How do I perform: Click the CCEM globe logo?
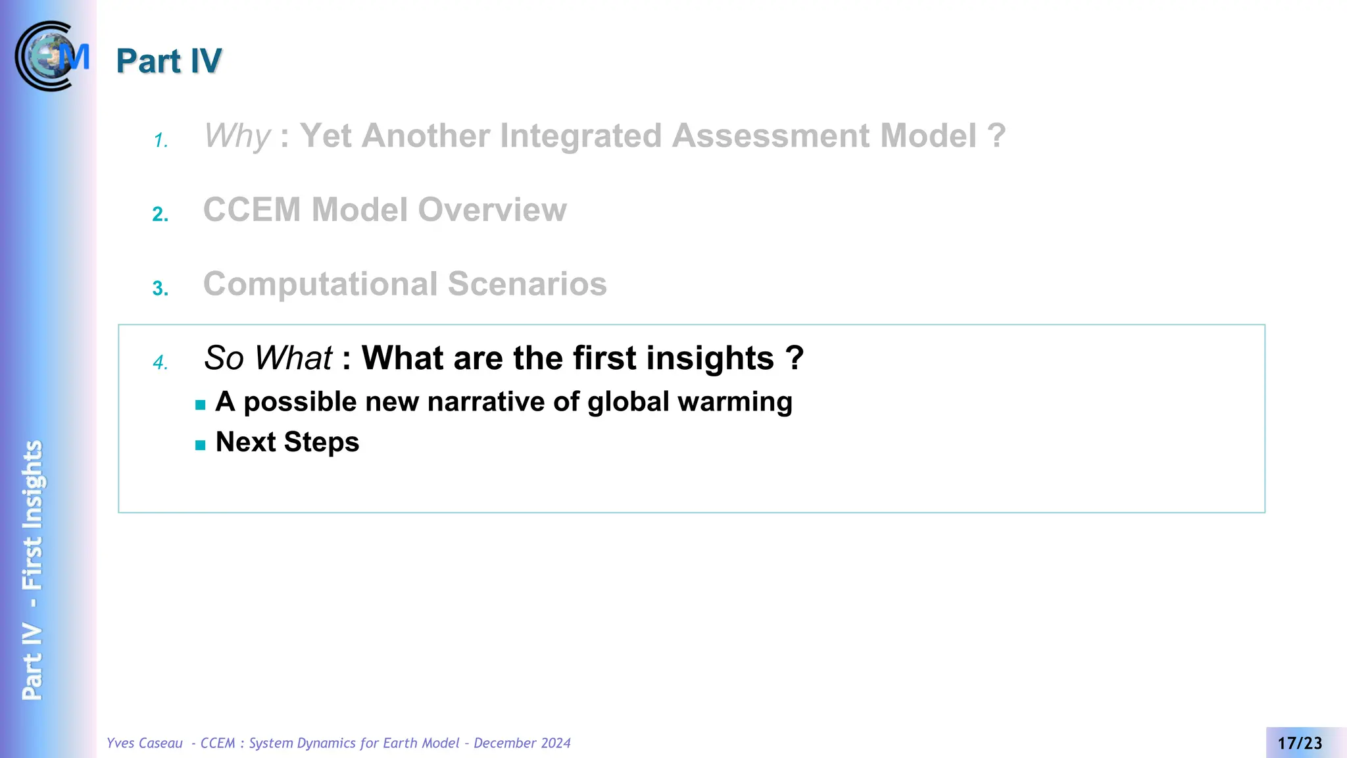coord(51,57)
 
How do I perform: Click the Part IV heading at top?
coord(169,61)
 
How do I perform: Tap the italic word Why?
coord(237,136)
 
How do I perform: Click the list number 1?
coord(160,141)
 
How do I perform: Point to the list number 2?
coord(160,215)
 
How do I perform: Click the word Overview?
coord(492,210)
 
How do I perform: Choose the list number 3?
coord(160,289)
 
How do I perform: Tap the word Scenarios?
coord(527,284)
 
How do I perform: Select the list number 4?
coord(160,363)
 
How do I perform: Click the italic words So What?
coord(268,359)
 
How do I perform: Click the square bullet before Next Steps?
coord(201,445)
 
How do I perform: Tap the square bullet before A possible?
coord(201,405)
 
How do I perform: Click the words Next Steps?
coord(287,442)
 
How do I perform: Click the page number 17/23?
coord(1300,744)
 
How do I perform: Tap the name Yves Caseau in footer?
coord(145,744)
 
